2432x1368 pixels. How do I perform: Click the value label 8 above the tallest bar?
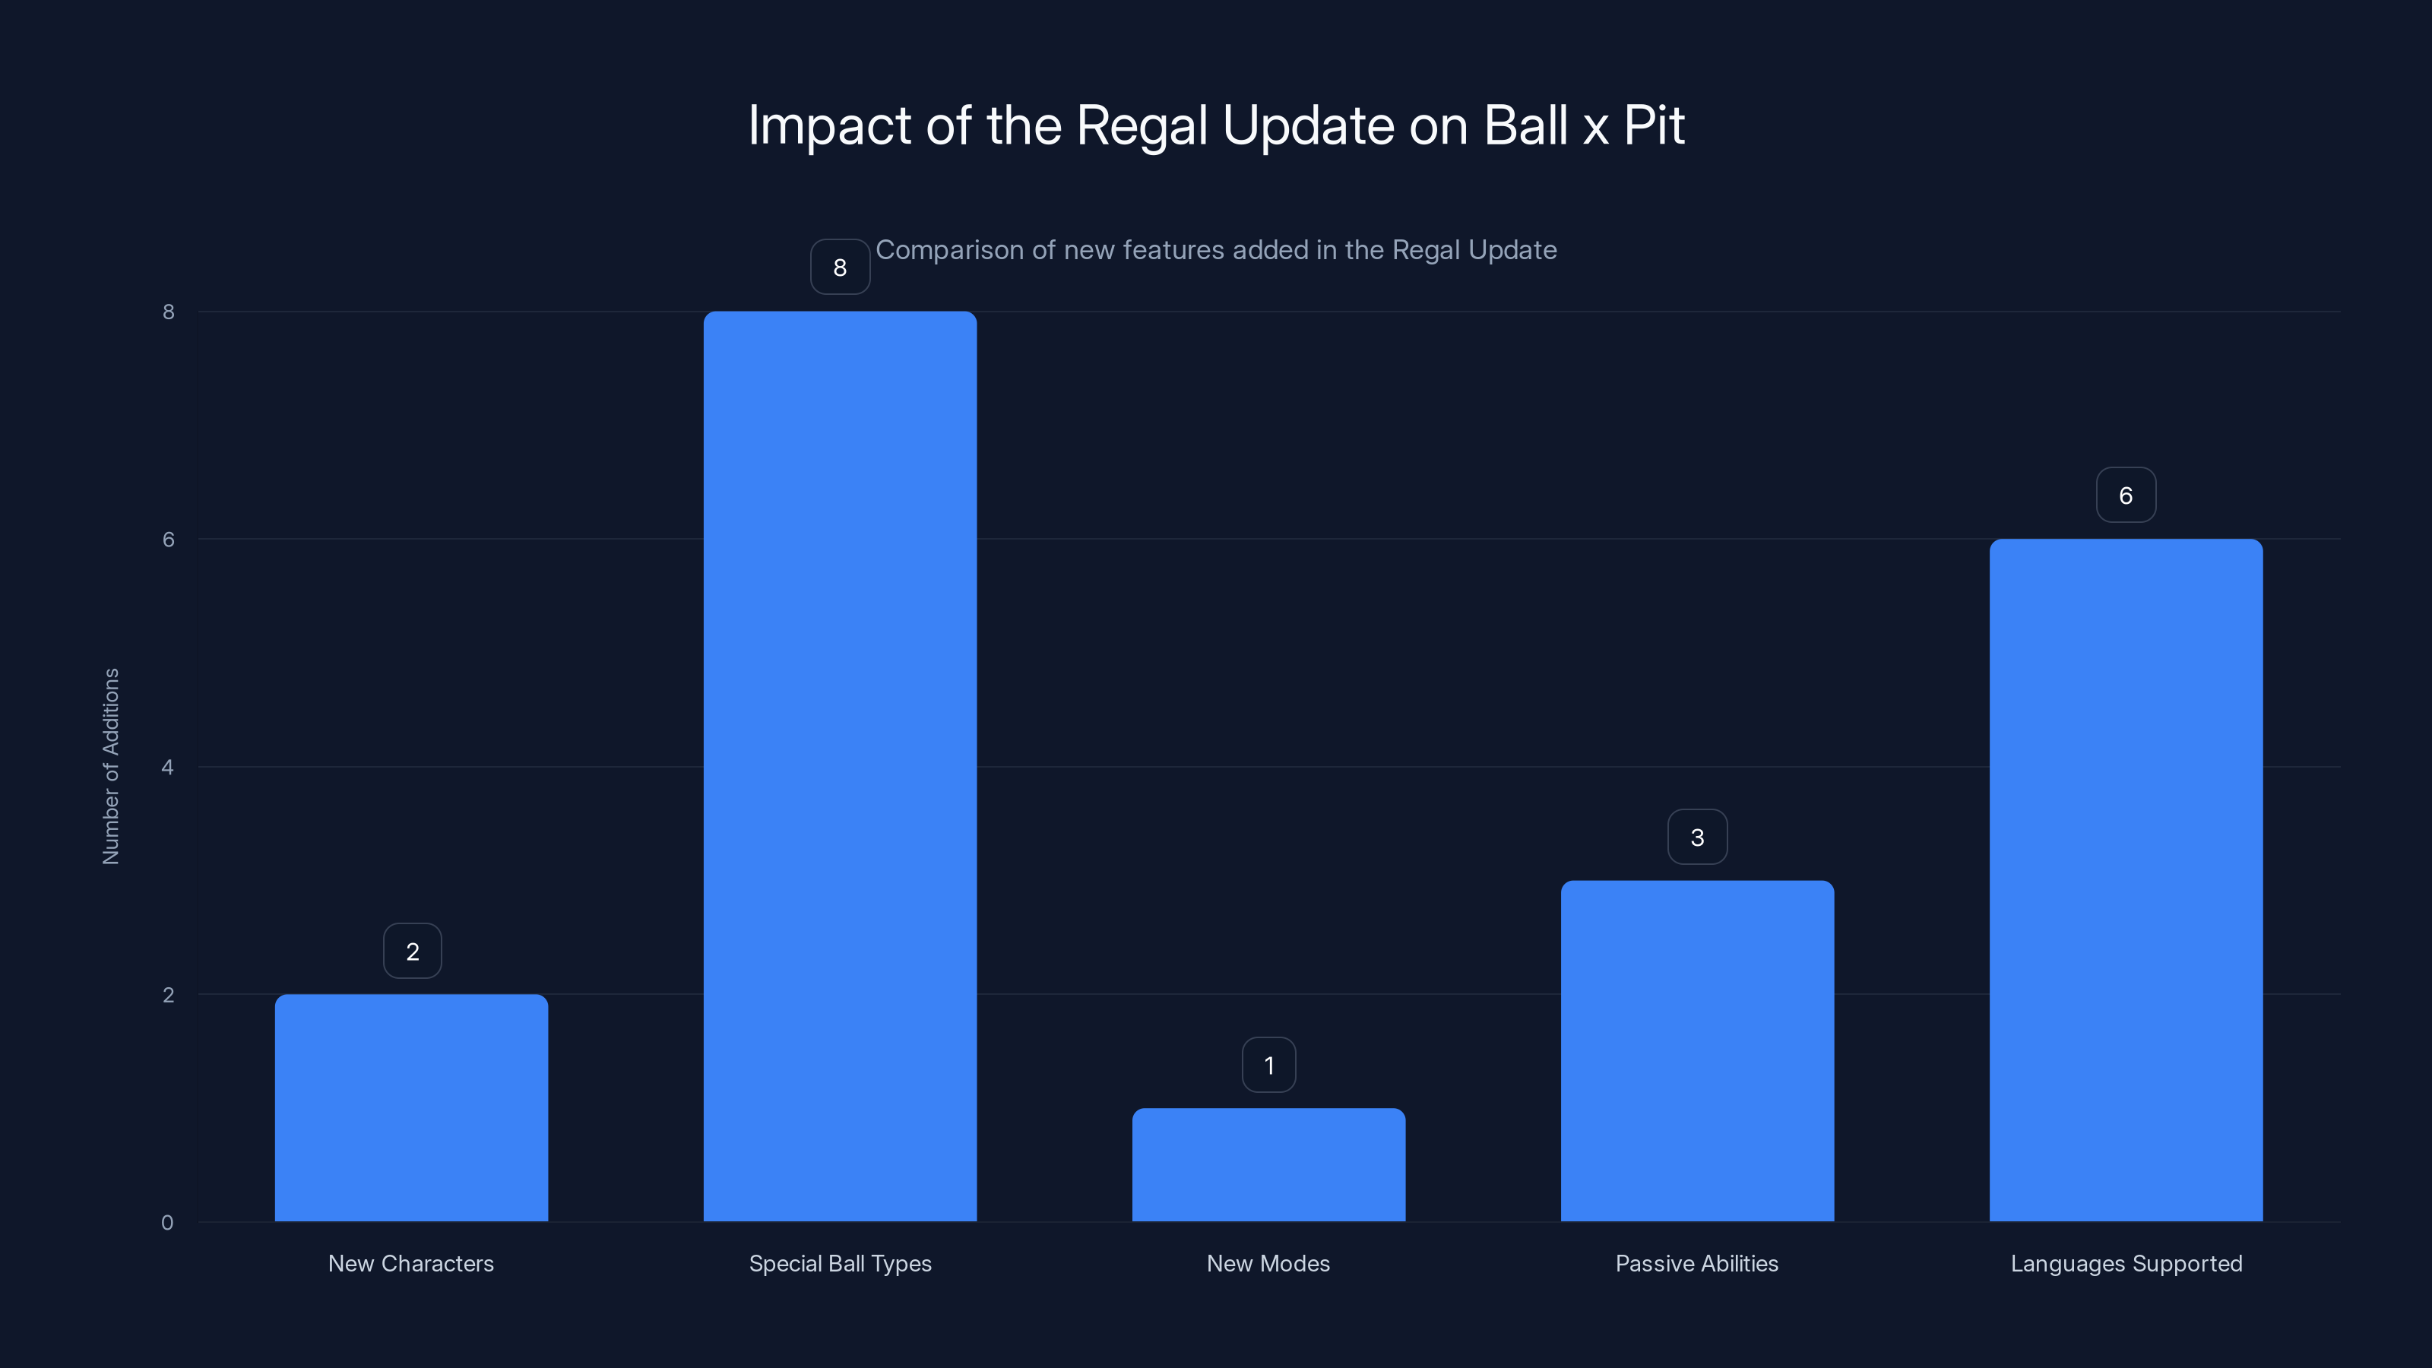839,268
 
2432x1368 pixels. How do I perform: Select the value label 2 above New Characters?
412,952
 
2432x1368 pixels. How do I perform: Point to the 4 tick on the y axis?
167,767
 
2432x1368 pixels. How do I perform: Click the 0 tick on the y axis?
167,1223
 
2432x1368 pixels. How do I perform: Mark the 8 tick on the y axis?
168,312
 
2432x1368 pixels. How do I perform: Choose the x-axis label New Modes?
1268,1263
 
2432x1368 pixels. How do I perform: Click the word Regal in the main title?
1141,125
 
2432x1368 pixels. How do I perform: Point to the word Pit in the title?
1653,125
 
